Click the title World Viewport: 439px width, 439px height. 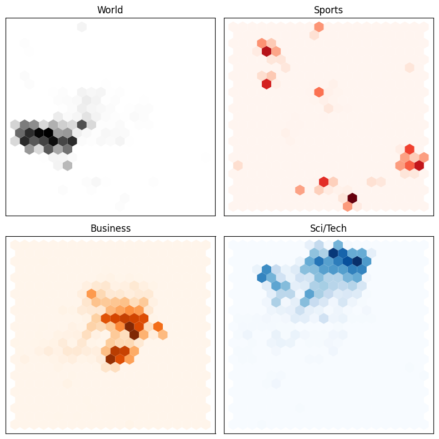click(x=110, y=10)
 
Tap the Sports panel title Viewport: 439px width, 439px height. click(x=328, y=10)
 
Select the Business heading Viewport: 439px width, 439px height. click(x=110, y=228)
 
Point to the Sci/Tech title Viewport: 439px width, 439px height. click(x=328, y=228)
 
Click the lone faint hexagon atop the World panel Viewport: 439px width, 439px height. click(x=82, y=27)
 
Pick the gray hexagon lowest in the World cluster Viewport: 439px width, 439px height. click(x=67, y=166)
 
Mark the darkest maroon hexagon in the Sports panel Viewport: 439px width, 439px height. click(x=352, y=198)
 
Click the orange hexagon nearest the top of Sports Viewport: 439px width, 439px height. click(x=318, y=27)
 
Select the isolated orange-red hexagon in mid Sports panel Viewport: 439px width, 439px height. click(x=318, y=92)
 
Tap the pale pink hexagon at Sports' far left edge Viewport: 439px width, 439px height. click(x=238, y=166)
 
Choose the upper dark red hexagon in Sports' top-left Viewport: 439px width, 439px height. click(x=266, y=51)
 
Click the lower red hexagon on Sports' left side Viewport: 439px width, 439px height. click(x=266, y=84)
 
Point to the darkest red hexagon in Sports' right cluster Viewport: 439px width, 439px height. click(x=418, y=166)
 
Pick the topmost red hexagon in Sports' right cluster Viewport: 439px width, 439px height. click(x=410, y=149)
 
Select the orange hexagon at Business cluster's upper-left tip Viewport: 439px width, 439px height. click(x=92, y=293)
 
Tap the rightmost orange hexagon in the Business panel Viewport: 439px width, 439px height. click(x=163, y=335)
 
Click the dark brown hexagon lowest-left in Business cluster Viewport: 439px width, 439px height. click(x=110, y=359)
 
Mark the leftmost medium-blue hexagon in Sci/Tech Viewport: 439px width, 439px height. click(x=262, y=277)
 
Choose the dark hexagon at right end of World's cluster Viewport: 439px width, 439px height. click(x=82, y=124)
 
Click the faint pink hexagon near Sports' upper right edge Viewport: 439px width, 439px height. click(x=410, y=68)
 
